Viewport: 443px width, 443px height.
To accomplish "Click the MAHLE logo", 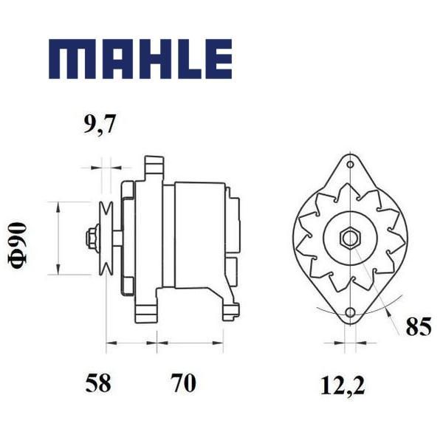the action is coord(140,59).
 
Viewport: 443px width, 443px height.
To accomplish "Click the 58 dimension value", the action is coord(98,383).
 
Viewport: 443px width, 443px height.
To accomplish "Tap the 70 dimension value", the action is coord(184,383).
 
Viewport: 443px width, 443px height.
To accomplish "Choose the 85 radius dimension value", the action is coord(419,326).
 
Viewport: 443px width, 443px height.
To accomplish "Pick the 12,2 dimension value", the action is coord(343,385).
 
